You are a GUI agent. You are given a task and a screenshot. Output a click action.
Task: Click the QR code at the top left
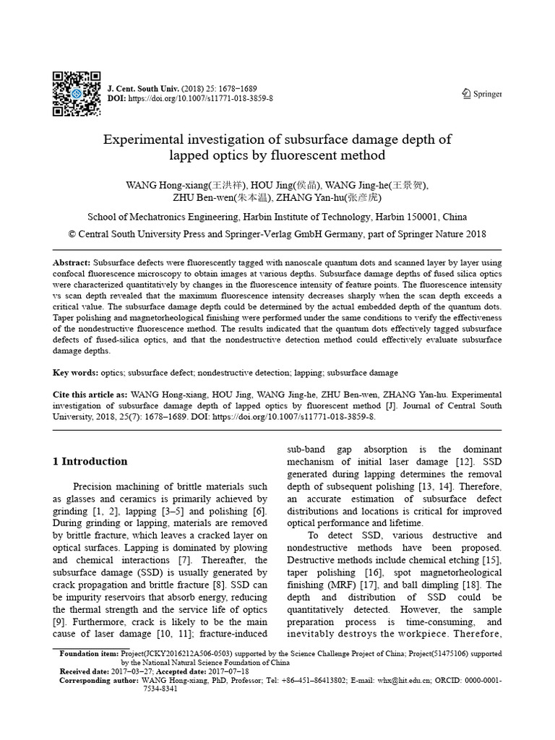pyautogui.click(x=76, y=93)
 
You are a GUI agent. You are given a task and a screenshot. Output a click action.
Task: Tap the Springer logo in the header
pyautogui.click(x=481, y=93)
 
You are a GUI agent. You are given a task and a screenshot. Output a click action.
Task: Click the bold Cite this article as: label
pyautogui.click(x=90, y=395)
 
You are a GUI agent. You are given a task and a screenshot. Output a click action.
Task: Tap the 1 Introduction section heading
pyautogui.click(x=90, y=461)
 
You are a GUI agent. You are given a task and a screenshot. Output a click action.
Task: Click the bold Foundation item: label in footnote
pyautogui.click(x=89, y=653)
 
